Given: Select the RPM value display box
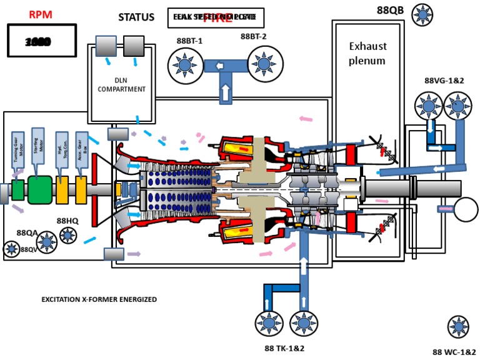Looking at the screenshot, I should pos(41,41).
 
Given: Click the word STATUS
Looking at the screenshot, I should pos(136,17).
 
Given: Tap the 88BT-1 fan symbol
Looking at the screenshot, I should pos(186,64).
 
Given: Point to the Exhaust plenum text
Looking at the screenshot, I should pos(367,53).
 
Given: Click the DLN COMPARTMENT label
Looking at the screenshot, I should pos(122,85).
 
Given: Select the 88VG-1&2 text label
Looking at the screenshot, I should pos(445,81).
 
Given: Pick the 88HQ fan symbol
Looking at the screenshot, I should pos(67,235).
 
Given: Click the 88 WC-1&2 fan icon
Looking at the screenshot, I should pos(459,327).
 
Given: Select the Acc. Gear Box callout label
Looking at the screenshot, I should pos(81,149).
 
